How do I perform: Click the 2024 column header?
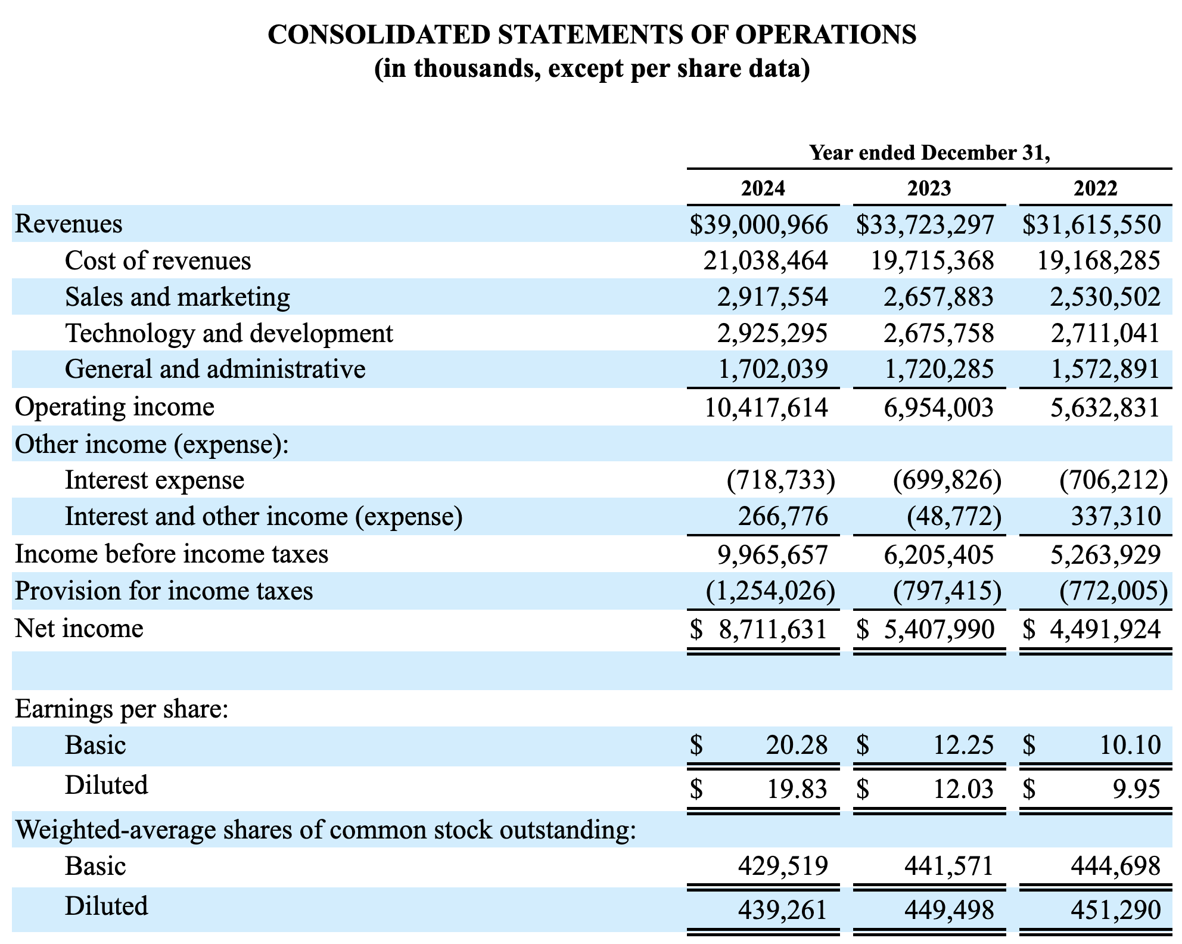[x=763, y=188]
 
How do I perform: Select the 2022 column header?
[x=1095, y=188]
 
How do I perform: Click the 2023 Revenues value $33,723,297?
[x=925, y=225]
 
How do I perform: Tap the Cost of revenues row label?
[x=158, y=260]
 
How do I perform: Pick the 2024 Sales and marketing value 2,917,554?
[x=772, y=297]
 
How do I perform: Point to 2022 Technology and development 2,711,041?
[x=1105, y=333]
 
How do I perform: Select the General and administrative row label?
[x=214, y=369]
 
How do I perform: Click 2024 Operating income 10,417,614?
[x=766, y=408]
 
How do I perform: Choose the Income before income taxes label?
[x=172, y=554]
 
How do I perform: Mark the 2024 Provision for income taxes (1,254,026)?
[x=770, y=591]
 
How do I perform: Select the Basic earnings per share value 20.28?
[x=797, y=745]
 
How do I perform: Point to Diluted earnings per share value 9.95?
[x=1136, y=790]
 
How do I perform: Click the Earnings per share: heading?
[x=122, y=709]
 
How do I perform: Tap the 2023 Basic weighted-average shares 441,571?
[x=949, y=865]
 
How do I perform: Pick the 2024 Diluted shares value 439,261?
[x=783, y=909]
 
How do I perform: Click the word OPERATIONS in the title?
[x=825, y=35]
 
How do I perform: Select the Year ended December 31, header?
[x=929, y=153]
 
